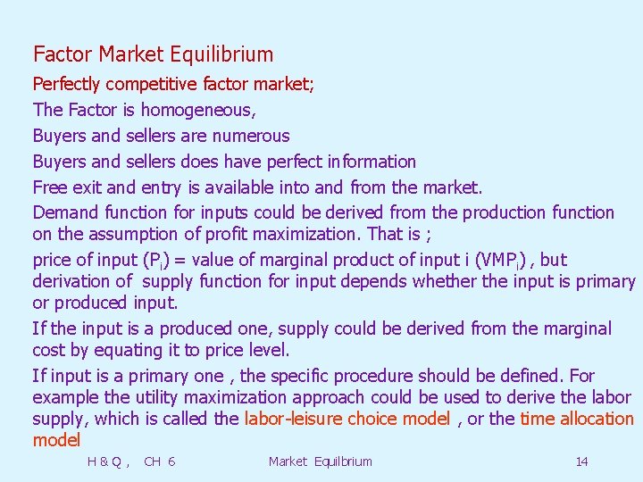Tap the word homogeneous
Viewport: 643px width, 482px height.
pyautogui.click(x=197, y=111)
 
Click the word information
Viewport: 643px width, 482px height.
pyautogui.click(x=372, y=162)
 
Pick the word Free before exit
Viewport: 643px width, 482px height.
pyautogui.click(x=49, y=187)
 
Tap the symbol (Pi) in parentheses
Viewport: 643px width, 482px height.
pyautogui.click(x=151, y=261)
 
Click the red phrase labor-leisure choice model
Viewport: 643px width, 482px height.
pyautogui.click(x=347, y=419)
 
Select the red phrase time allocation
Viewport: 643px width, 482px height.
pyautogui.click(x=576, y=419)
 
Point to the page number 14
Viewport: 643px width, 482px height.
pyautogui.click(x=581, y=461)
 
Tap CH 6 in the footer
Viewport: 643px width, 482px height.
pyautogui.click(x=159, y=461)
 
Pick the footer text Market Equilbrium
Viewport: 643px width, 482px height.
pyautogui.click(x=320, y=461)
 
